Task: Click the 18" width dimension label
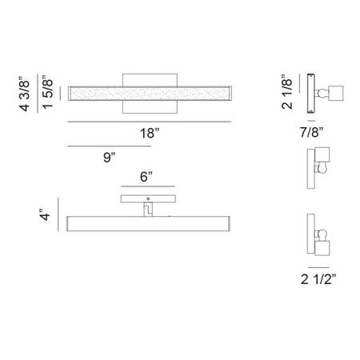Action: coord(150,133)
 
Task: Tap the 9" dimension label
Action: coord(110,157)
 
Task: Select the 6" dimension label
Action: coord(146,177)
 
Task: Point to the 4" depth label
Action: coord(45,214)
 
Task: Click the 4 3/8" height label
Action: coord(25,94)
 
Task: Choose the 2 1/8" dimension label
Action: coord(287,92)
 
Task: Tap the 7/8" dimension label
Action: coord(311,132)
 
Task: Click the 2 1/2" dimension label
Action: coord(318,279)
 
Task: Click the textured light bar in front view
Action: coord(150,94)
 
